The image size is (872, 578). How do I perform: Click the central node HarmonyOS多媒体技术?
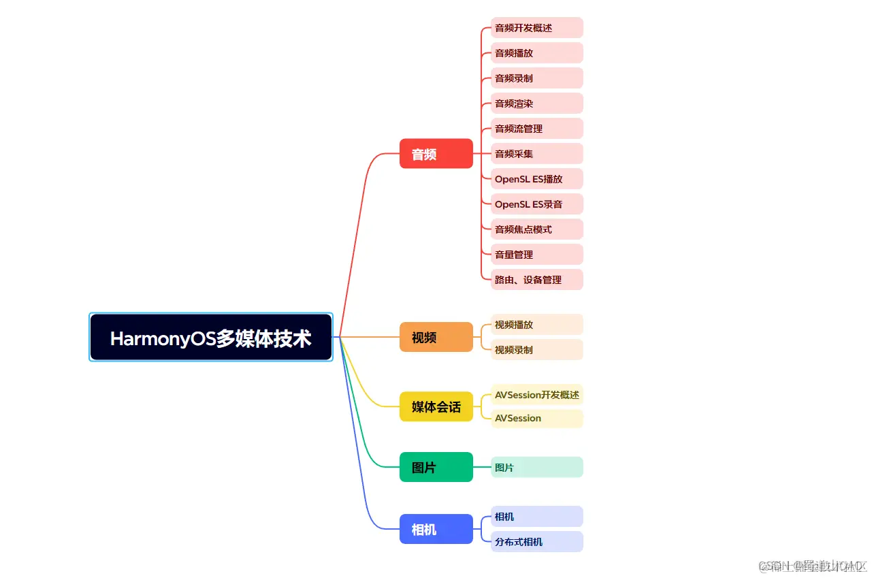tap(211, 338)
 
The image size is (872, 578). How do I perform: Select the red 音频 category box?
tap(436, 154)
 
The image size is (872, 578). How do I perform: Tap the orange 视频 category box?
tap(436, 337)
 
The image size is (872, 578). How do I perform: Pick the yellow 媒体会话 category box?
tap(436, 407)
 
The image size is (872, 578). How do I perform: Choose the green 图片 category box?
tap(436, 468)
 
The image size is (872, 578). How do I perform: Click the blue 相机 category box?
tap(436, 529)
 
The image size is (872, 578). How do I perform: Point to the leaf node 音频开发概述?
tap(536, 28)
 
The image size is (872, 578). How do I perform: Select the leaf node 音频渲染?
tap(536, 103)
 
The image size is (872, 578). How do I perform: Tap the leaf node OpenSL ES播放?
tap(536, 179)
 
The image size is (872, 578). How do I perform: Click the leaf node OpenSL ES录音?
tap(536, 204)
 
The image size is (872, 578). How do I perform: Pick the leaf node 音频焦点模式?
tap(536, 229)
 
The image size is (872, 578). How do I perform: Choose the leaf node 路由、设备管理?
tap(536, 280)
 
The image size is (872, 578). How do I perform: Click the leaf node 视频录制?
tap(536, 350)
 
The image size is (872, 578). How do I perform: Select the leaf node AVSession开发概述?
tap(536, 395)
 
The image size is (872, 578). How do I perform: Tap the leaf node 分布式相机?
tap(536, 542)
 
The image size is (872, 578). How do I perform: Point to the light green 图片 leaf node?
tap(536, 468)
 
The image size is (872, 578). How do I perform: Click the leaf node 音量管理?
tap(536, 255)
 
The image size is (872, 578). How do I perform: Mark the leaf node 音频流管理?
tap(536, 129)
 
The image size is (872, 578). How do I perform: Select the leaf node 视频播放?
tap(536, 325)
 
